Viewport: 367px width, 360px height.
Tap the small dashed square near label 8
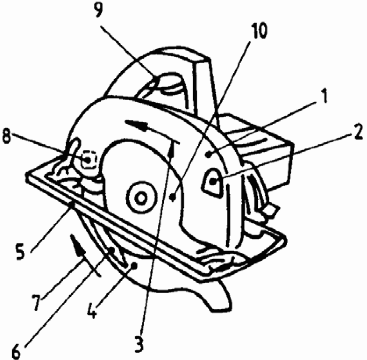point(88,159)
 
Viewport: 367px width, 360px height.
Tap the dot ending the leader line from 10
point(174,198)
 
